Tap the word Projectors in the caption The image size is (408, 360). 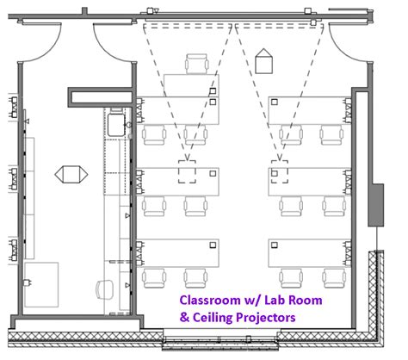(x=265, y=317)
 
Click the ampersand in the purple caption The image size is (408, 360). (x=183, y=317)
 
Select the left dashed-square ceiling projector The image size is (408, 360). (x=186, y=171)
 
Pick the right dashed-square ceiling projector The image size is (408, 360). (x=277, y=172)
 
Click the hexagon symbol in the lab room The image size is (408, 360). (x=71, y=173)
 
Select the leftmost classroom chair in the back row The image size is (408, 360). (x=155, y=276)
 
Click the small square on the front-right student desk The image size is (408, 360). (x=275, y=102)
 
